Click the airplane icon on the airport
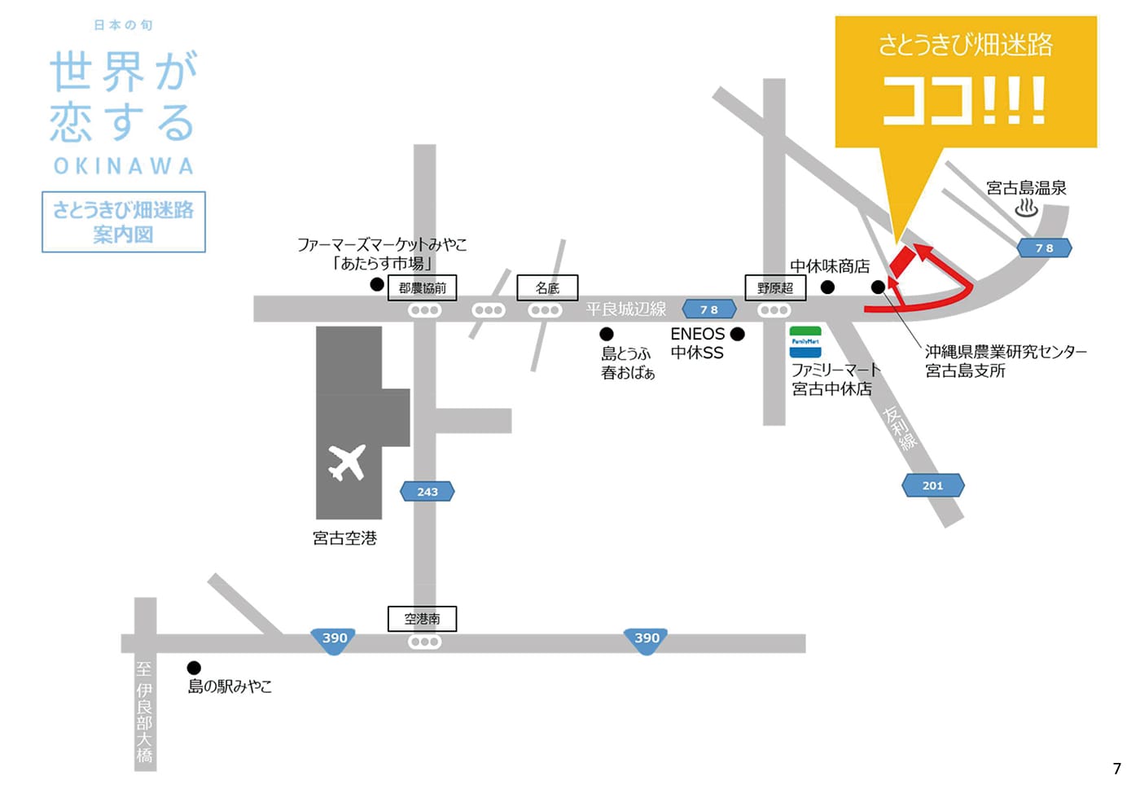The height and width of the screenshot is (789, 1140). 347,462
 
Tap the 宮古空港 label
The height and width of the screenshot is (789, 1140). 344,538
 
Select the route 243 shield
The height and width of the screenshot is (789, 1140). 427,491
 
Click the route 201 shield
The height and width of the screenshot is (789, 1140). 932,485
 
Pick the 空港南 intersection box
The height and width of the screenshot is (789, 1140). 422,619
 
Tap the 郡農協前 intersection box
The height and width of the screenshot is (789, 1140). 423,287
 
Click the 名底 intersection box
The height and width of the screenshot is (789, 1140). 547,287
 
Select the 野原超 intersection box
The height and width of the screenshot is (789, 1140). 775,287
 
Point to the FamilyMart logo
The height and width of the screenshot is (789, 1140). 805,342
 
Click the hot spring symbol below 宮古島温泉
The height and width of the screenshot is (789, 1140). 1026,208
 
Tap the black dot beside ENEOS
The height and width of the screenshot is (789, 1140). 738,334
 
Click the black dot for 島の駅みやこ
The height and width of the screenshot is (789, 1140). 194,668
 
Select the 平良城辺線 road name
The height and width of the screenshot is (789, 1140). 625,309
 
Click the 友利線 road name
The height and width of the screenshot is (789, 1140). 900,428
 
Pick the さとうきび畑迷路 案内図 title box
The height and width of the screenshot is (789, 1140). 124,221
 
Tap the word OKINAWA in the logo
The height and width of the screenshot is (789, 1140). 124,166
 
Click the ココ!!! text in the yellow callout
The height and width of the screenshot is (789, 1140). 964,101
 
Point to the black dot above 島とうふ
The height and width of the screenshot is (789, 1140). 607,334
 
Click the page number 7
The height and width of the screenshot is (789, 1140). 1116,768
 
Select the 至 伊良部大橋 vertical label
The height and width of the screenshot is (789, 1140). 144,712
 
